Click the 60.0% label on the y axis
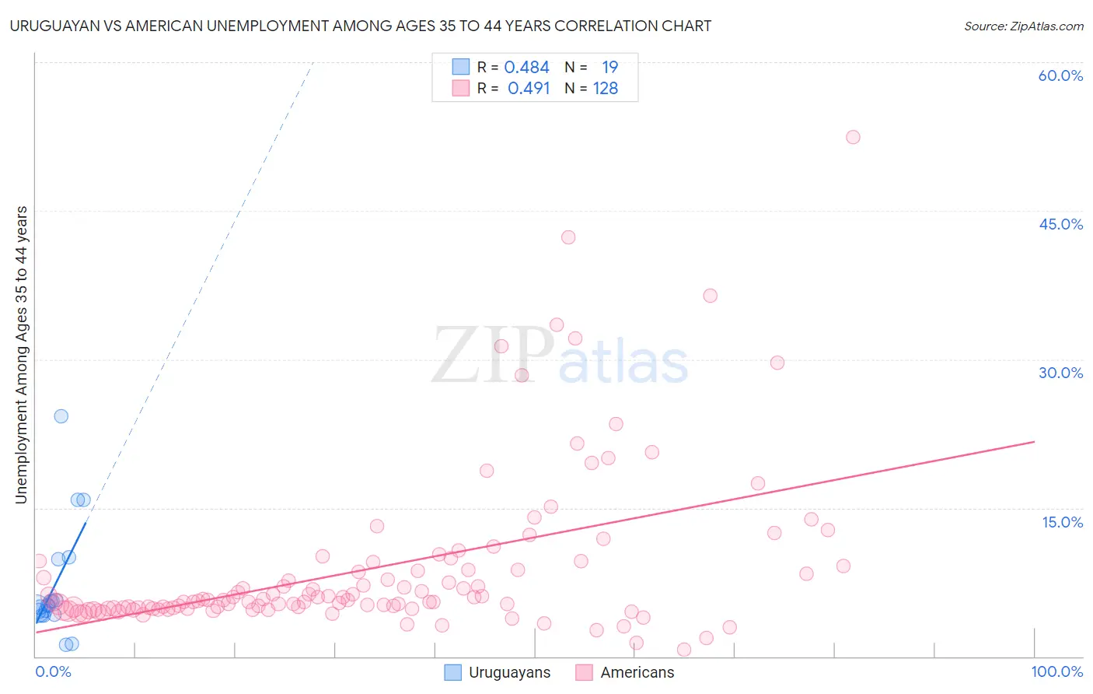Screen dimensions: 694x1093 (1060, 75)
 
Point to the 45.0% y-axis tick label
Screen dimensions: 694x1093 (1060, 224)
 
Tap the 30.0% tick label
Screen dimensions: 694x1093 (1060, 373)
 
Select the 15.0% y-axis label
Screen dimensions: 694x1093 (1062, 522)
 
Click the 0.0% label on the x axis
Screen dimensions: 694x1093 (53, 671)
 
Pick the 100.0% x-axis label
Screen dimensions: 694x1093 (1056, 671)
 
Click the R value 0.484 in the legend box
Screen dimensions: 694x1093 (526, 67)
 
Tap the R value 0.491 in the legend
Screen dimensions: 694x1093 (528, 88)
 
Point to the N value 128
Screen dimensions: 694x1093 (606, 88)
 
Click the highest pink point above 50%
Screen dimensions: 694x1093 (853, 137)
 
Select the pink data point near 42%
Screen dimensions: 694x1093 (568, 237)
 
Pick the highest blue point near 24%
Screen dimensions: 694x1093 (61, 416)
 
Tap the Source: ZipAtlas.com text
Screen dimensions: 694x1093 (1023, 26)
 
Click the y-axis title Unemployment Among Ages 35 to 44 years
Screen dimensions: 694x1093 (21, 355)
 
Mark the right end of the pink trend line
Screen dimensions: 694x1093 (1035, 442)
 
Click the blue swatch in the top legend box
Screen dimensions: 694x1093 (461, 67)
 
